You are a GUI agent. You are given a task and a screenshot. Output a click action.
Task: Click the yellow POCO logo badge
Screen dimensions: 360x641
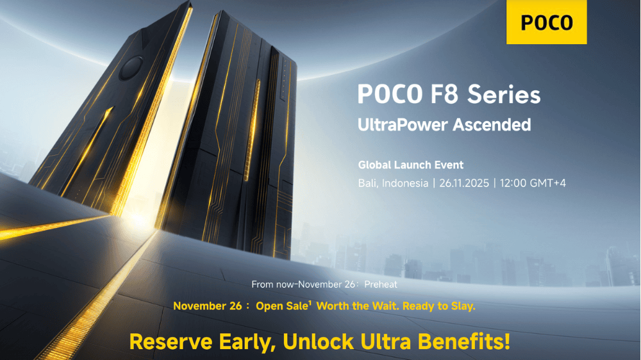point(546,22)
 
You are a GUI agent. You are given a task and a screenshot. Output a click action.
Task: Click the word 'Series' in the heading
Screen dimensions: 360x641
point(504,95)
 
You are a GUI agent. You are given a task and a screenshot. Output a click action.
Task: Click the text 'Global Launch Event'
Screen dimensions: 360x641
point(410,165)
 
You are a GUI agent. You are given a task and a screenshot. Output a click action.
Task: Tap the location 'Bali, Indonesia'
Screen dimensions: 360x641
point(393,183)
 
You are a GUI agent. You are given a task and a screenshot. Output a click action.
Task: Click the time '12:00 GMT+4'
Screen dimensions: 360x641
point(535,183)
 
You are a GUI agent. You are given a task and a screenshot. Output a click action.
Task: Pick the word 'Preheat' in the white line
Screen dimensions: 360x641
point(381,284)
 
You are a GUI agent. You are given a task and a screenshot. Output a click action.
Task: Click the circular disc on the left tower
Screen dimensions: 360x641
point(132,67)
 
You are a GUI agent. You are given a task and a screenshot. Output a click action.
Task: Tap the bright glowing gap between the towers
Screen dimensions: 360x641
point(149,160)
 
